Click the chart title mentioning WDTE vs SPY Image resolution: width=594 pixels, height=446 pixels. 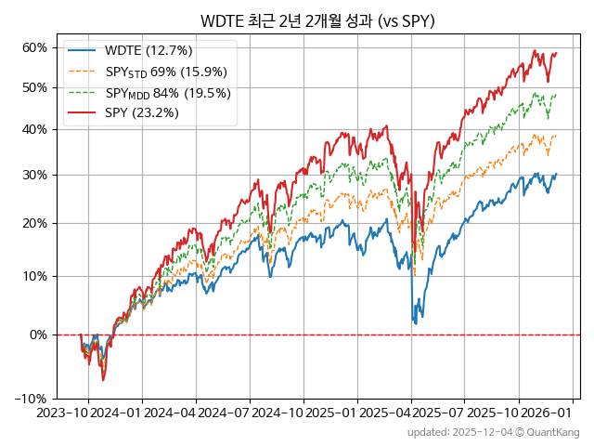[317, 21]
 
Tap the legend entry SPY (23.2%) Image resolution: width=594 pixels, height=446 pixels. [142, 113]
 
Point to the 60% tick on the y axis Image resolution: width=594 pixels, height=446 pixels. [35, 47]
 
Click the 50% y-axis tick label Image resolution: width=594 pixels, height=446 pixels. [35, 87]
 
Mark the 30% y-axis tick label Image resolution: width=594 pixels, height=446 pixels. [35, 175]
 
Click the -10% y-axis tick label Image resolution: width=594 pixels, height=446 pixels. [33, 399]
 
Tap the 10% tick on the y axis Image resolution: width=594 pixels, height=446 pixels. [35, 276]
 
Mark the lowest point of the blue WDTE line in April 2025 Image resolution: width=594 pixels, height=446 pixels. [415, 323]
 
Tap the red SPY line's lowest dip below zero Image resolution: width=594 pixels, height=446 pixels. [103, 380]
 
